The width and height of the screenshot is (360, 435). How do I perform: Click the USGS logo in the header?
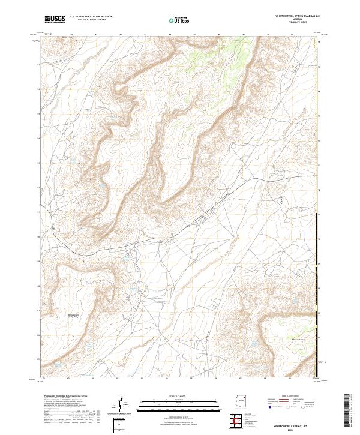pos(55,19)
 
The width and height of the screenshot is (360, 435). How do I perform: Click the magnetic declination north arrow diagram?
pos(122,404)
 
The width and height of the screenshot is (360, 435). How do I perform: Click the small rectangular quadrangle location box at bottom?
pos(122,425)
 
